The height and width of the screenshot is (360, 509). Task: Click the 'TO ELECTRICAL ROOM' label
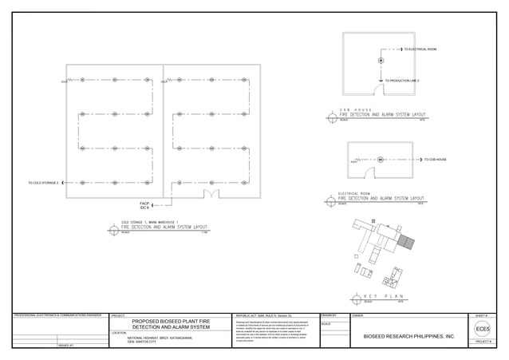(x=420, y=49)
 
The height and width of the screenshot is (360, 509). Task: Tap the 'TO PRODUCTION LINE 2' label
(x=402, y=81)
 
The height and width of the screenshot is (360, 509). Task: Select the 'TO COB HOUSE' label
(x=435, y=160)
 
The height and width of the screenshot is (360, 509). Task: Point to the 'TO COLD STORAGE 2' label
(x=44, y=183)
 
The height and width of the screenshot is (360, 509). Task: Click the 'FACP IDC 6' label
(x=144, y=205)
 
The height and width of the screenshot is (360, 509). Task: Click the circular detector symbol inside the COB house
(x=381, y=61)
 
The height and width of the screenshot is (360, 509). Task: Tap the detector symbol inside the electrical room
(x=381, y=160)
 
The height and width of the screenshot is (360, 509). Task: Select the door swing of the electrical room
(x=369, y=172)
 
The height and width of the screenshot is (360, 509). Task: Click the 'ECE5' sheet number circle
(x=483, y=329)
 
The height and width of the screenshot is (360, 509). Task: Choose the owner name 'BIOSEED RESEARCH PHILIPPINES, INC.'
(x=408, y=337)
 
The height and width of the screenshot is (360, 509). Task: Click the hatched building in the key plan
(x=407, y=242)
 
